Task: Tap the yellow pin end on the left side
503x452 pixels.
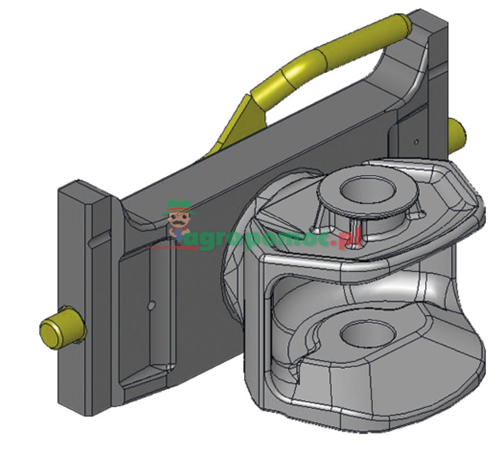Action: point(60,327)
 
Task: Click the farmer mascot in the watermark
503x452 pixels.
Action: point(179,220)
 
